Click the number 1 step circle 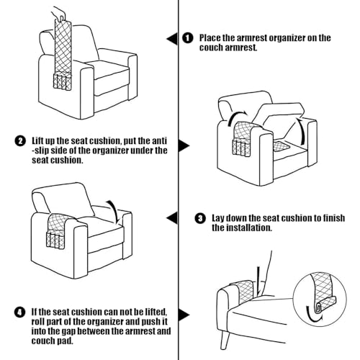[x=188, y=37]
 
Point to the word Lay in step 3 [x=220, y=217]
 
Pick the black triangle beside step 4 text [x=184, y=315]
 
